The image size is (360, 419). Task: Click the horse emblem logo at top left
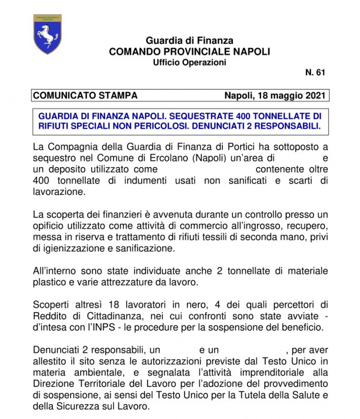coord(47,34)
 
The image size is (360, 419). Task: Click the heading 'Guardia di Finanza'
coord(189,40)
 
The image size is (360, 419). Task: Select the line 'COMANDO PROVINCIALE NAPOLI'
coord(189,51)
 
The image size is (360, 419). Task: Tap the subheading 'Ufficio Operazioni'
coord(189,62)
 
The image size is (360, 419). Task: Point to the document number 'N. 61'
coord(315,73)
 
